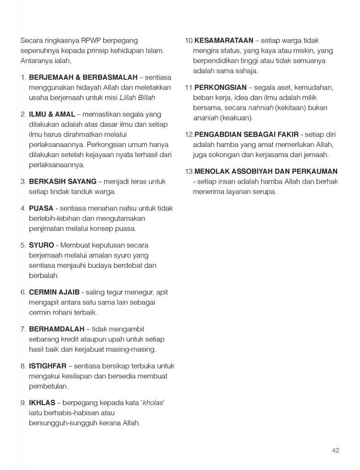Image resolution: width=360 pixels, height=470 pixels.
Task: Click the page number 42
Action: pos(335,450)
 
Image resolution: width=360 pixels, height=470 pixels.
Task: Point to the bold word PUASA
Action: pos(41,208)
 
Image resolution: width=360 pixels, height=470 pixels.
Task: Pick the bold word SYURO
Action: pos(41,245)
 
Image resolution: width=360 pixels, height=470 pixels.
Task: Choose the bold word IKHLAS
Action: pos(42,403)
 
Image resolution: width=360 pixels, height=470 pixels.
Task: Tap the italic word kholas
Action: pos(152,403)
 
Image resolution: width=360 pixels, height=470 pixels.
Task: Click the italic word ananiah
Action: pos(205,117)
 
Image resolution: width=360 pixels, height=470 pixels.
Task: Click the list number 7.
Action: pos(23,329)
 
